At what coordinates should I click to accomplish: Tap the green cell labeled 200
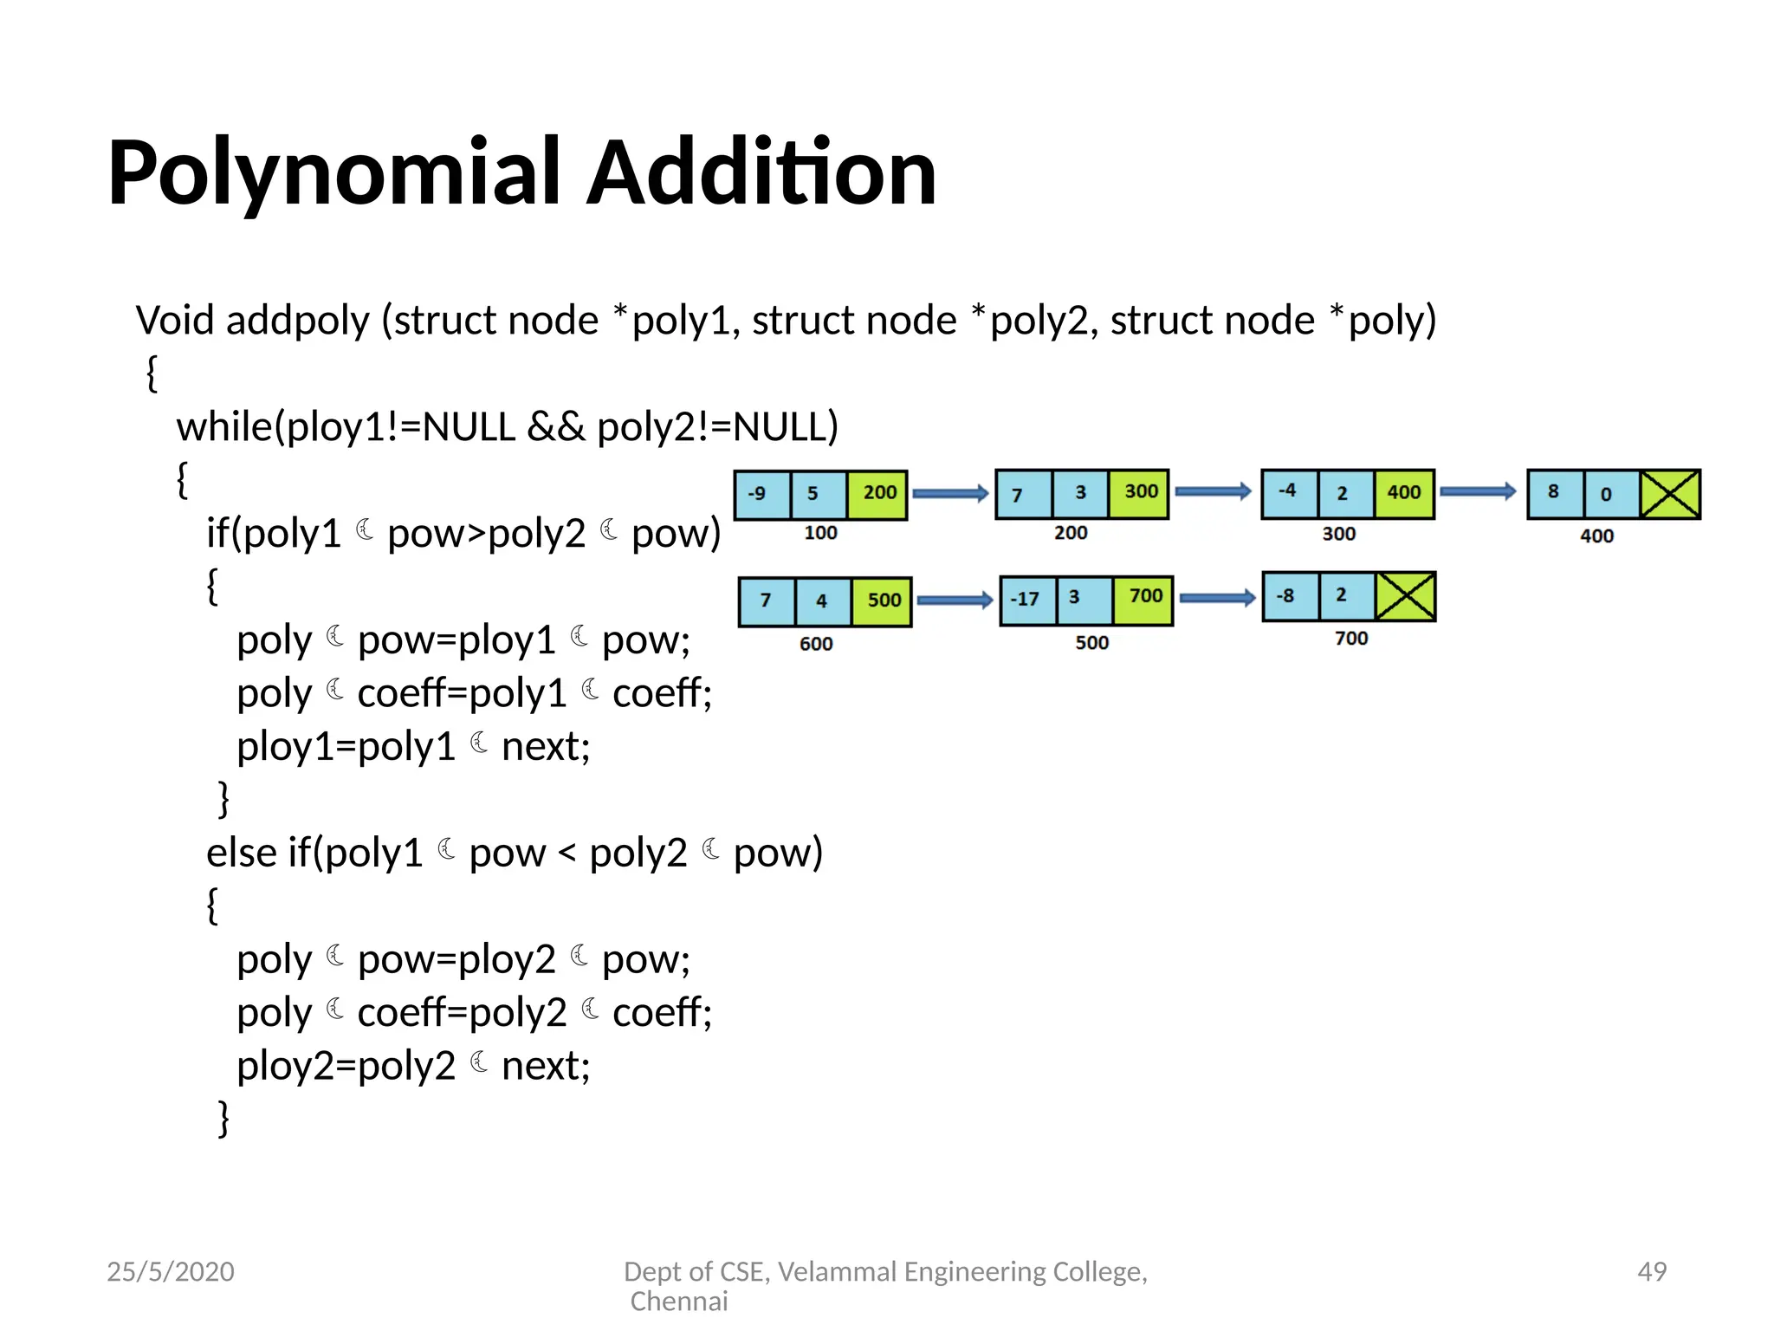pos(877,494)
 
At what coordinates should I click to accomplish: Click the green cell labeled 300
pos(1139,493)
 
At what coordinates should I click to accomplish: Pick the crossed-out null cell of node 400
pos(1670,494)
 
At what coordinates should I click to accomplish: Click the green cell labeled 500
pos(883,601)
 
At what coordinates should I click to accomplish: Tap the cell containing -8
pos(1290,596)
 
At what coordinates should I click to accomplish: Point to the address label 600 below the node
pos(816,644)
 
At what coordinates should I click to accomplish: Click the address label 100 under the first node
pos(820,533)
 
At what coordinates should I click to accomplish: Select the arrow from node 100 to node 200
pos(950,494)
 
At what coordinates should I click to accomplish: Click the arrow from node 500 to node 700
pos(1217,598)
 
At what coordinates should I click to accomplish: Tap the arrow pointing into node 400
pos(1478,491)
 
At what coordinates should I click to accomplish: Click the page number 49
pos(1652,1271)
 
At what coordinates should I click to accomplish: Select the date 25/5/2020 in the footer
pos(171,1271)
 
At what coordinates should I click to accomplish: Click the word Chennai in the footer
pos(679,1302)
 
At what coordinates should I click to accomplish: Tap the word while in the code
pos(224,427)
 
